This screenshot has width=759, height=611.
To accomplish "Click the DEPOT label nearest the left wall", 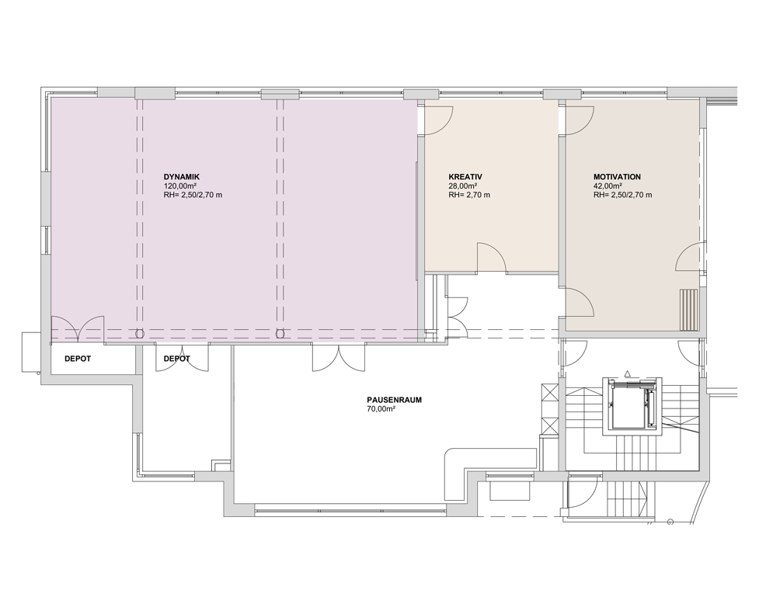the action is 78,359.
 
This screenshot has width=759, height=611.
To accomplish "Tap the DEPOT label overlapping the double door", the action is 176,359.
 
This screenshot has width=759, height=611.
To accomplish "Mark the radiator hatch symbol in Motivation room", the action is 689,310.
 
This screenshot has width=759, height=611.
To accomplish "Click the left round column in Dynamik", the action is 140,333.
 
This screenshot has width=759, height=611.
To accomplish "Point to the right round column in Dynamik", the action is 280,333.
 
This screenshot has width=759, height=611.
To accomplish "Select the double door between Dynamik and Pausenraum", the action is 339,357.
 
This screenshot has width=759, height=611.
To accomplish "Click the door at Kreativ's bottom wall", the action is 492,259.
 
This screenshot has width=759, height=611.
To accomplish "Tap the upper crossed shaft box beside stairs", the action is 550,393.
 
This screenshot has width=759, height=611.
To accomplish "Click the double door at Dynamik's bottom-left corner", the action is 78,329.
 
